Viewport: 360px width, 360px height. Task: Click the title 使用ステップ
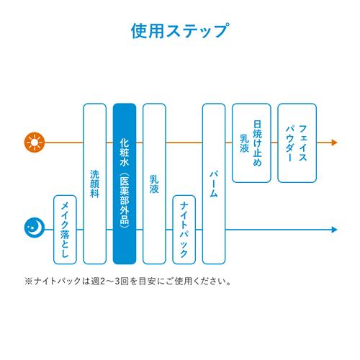point(180,31)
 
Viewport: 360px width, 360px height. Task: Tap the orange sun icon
point(35,143)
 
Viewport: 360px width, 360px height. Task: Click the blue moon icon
point(35,228)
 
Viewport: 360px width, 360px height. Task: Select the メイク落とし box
point(65,230)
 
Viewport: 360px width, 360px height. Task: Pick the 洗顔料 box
point(95,184)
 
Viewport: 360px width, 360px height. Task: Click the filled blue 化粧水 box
point(125,184)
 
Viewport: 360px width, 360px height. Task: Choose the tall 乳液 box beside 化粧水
point(154,184)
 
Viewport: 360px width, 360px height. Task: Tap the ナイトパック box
point(184,230)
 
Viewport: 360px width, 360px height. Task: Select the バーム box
point(214,184)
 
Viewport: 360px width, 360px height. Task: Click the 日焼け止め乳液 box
point(251,143)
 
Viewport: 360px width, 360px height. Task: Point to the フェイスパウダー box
point(297,143)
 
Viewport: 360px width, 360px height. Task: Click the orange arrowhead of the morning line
point(334,143)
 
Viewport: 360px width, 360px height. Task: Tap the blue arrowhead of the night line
point(334,230)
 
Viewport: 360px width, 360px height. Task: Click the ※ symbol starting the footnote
point(29,282)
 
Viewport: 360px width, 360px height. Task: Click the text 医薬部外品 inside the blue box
point(125,200)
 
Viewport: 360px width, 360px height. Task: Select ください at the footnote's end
point(210,282)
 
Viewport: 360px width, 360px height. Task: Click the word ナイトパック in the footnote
point(57,282)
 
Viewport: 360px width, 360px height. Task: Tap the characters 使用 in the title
point(148,31)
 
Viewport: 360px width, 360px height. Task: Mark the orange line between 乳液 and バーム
point(184,143)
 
